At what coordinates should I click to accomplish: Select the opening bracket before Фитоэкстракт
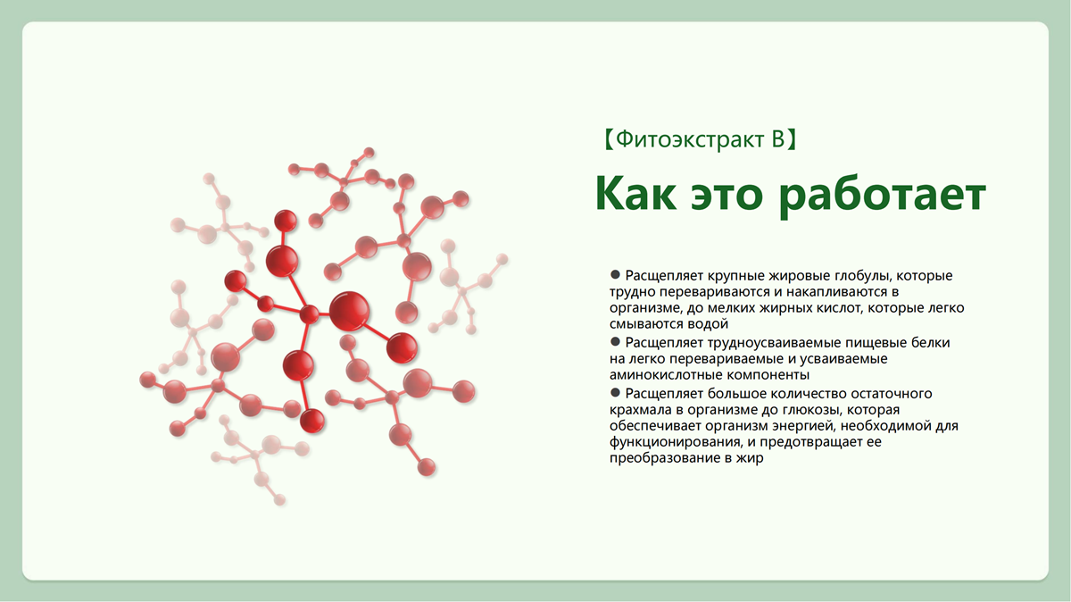pos(609,139)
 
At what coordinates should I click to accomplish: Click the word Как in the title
pos(635,193)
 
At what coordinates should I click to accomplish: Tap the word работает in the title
pos(883,197)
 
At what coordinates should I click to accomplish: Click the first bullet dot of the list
pos(615,274)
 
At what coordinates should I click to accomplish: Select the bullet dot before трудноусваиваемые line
pos(615,341)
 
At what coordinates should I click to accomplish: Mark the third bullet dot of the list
pos(615,392)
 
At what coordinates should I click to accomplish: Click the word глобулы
pos(863,276)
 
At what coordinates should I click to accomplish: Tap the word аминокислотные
pos(666,374)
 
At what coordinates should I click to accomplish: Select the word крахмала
pos(641,410)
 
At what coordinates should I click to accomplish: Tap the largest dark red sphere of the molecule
pos(350,311)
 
